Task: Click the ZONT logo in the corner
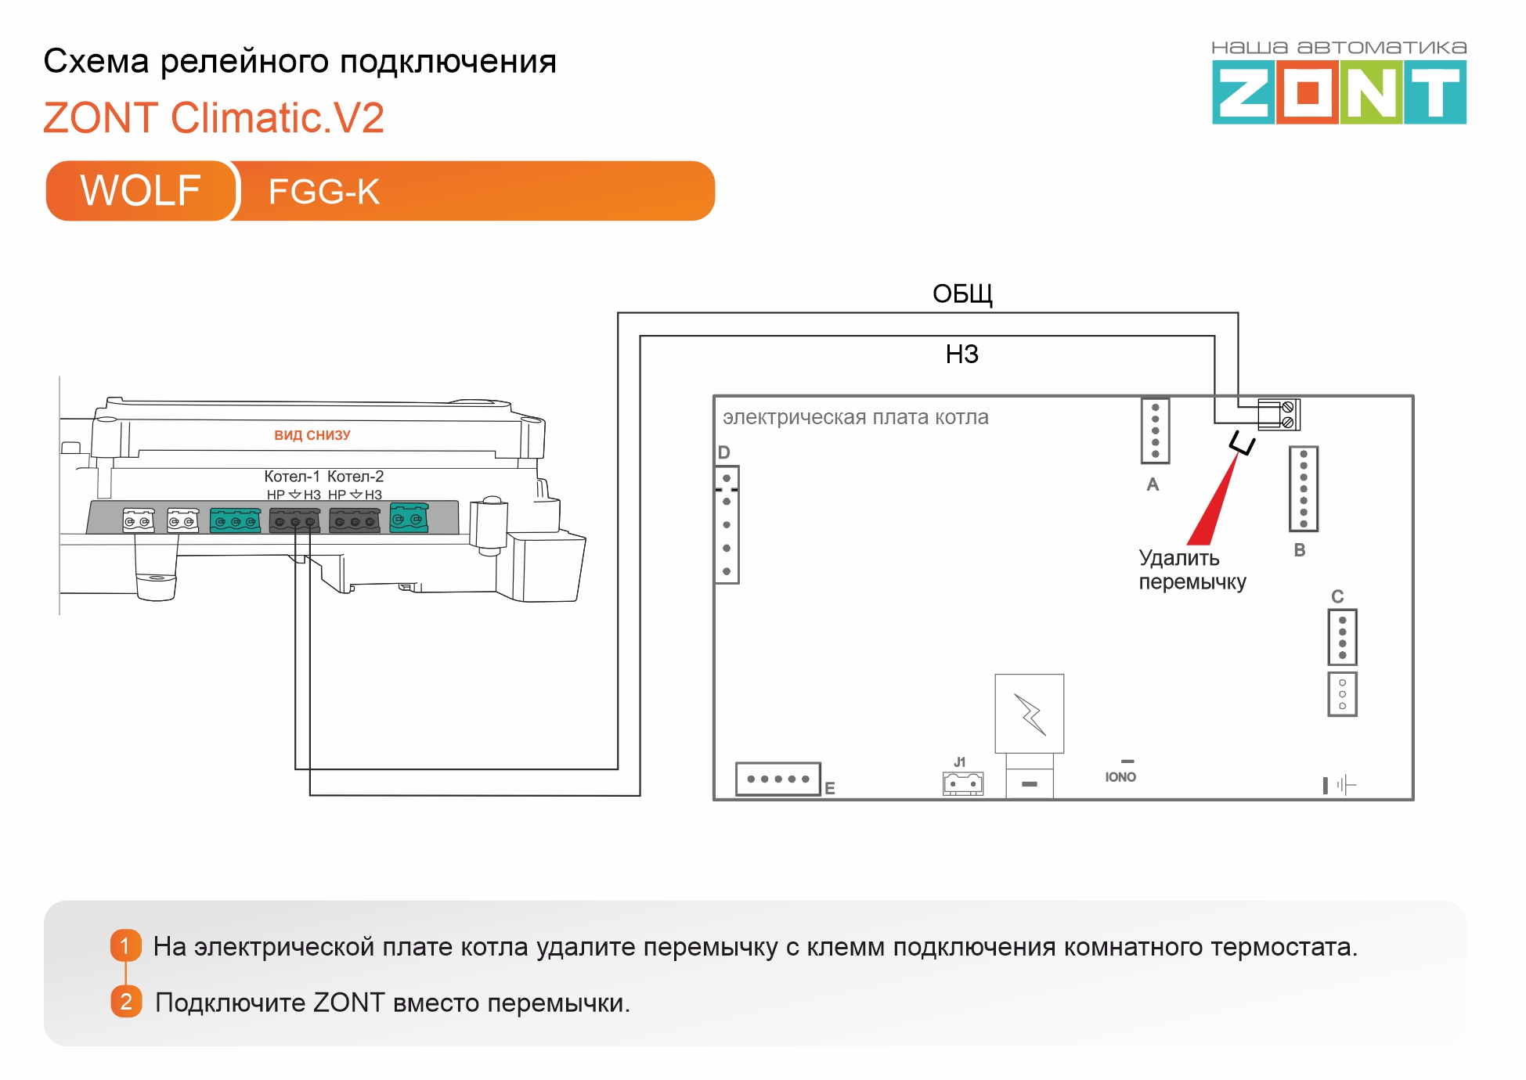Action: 1339,83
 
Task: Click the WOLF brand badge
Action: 141,191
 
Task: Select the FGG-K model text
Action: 324,192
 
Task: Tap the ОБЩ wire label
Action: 962,294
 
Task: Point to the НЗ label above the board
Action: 962,355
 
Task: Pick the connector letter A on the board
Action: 1153,484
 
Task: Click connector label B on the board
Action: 1300,550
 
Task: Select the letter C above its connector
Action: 1337,596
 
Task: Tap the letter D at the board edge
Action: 723,452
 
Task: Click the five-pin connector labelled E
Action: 778,779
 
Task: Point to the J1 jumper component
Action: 963,783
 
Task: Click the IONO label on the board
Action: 1120,777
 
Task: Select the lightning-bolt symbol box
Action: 1030,714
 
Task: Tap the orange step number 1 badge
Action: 125,945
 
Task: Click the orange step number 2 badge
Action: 126,1002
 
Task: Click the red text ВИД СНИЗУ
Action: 312,435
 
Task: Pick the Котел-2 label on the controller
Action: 355,476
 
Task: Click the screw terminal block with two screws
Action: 1279,414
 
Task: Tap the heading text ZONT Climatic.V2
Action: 214,117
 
